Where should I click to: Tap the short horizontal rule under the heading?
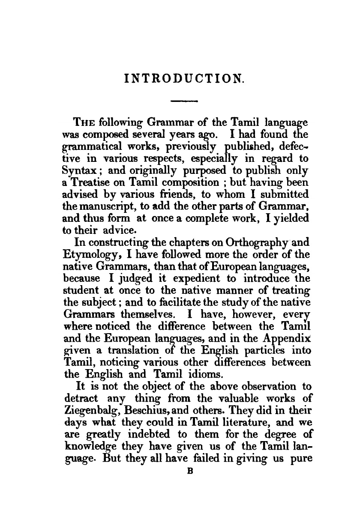[x=184, y=102]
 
